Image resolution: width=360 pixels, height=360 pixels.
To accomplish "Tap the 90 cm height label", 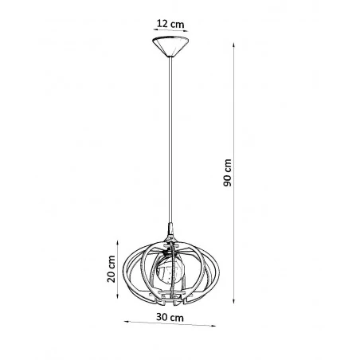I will click(228, 172).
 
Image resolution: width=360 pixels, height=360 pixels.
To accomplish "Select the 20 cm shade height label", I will click(112, 271).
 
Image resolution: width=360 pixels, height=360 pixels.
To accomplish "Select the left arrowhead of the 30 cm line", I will click(125, 323).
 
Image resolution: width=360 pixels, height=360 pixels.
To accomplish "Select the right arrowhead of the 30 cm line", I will click(217, 325).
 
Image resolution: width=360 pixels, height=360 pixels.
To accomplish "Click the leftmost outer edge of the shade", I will click(126, 271).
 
